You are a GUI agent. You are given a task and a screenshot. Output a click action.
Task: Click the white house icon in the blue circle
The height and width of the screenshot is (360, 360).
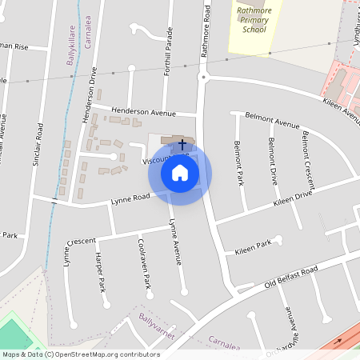(180, 173)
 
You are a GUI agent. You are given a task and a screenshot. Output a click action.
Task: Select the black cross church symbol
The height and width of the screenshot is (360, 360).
(182, 145)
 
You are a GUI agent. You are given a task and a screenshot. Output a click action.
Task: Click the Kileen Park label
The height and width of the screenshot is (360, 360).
(254, 249)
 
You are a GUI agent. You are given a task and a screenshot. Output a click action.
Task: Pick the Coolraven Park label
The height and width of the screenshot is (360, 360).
(145, 265)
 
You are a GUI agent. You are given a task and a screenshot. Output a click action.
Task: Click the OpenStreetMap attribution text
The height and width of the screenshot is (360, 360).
(80, 354)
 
